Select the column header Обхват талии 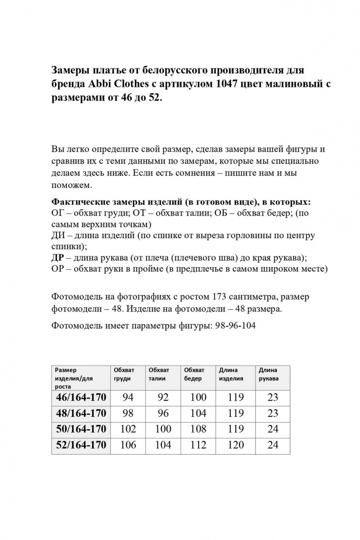159,374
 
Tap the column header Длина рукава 269,374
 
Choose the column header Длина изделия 231,374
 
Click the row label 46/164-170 81,397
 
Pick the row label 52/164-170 81,445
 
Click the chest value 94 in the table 128,397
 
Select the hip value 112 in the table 198,445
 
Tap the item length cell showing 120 236,445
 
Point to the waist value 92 163,397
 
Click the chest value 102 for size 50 128,429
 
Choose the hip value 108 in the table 198,429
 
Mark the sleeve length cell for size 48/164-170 273,413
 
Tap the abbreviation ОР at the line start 57,268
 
